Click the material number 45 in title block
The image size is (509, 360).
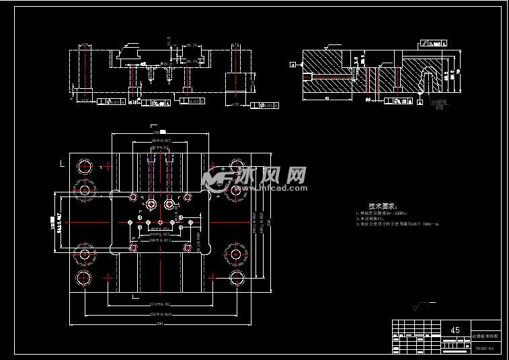tap(455, 330)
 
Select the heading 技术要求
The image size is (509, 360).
tap(383, 207)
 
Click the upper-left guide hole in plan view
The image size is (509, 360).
tap(85, 166)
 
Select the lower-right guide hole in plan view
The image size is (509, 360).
tap(236, 278)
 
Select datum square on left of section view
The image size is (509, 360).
tap(293, 65)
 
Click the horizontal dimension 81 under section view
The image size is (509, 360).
tap(326, 100)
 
